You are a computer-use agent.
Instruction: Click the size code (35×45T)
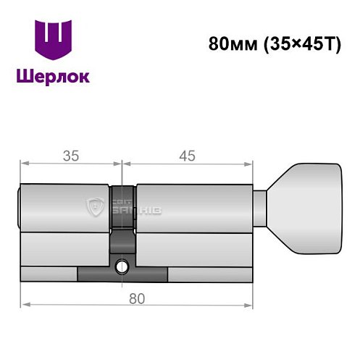click(x=293, y=43)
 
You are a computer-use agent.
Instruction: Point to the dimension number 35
click(x=71, y=154)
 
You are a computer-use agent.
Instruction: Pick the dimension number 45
click(x=187, y=154)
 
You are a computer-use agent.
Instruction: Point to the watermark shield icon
click(x=95, y=209)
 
